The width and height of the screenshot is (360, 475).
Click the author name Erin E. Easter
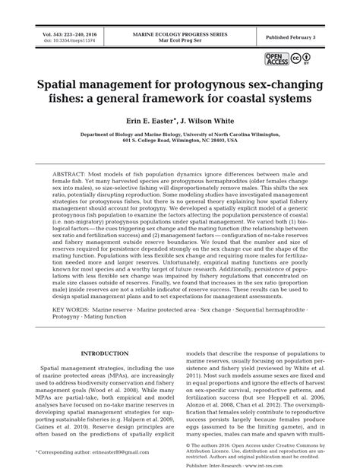point(142,119)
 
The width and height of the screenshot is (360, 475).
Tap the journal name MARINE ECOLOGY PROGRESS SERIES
point(181,33)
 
